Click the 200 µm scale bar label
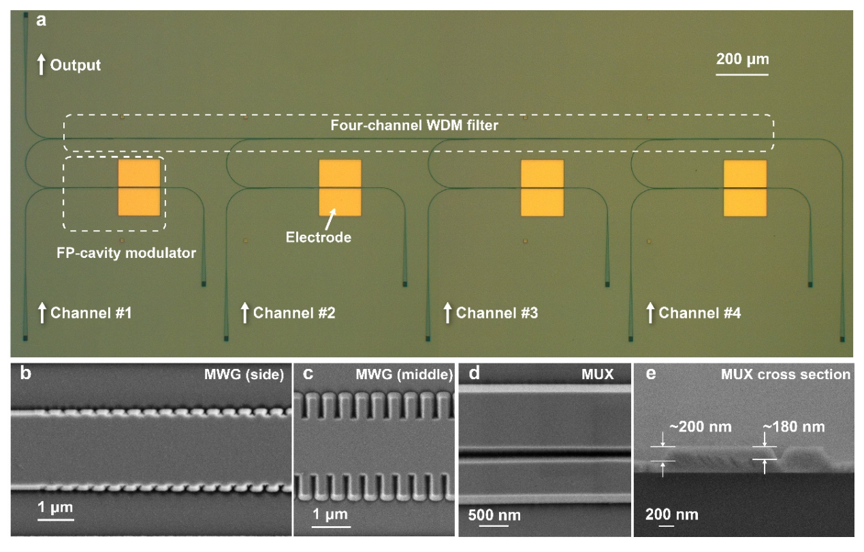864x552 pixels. click(x=742, y=59)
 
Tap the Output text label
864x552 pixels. click(x=76, y=65)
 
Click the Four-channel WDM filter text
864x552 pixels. click(x=419, y=126)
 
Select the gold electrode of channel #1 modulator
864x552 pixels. click(x=140, y=188)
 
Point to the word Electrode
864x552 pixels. click(x=309, y=238)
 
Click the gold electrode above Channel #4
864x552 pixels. click(x=744, y=188)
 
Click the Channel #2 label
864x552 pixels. click(x=293, y=314)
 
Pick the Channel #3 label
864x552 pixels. click(x=496, y=314)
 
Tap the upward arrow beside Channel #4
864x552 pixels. click(x=650, y=313)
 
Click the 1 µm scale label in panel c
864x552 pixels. click(x=330, y=513)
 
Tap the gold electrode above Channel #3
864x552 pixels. click(x=543, y=188)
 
